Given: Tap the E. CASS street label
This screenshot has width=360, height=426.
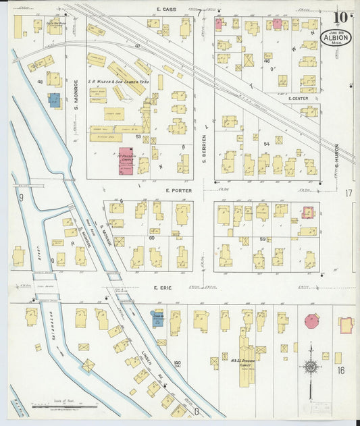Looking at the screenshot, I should coord(165,9).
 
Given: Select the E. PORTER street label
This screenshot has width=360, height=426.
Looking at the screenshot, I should coord(179,190).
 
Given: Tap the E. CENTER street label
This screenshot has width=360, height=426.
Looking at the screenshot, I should coord(298,99).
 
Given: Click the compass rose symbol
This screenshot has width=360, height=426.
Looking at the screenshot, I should coord(311,367).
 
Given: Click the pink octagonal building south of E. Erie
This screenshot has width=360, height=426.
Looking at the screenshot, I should coord(312,321).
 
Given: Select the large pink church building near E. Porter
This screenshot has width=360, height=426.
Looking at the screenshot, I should coord(126,161).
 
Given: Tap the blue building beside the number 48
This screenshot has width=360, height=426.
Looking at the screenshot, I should coord(54,101).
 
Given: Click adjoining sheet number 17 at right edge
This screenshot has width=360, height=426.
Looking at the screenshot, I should coord(349,193).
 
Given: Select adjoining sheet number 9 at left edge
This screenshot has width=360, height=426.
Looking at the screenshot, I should coord(21,197).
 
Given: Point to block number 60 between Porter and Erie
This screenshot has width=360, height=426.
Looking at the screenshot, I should coord(151,238).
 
